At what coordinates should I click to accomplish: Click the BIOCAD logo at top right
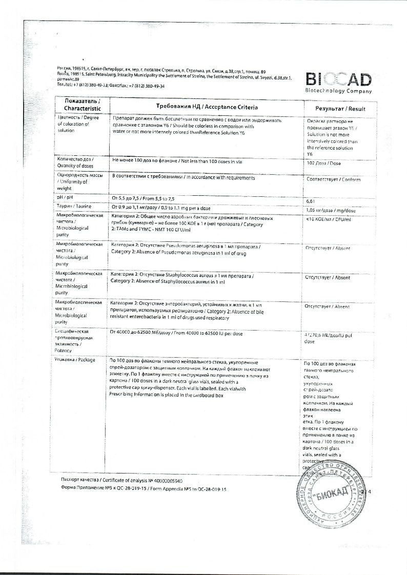(338, 79)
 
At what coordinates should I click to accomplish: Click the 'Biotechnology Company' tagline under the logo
(338, 91)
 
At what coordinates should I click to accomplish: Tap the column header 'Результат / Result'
(335, 108)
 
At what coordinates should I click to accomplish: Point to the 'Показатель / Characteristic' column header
(79, 106)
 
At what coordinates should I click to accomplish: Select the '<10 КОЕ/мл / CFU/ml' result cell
(328, 219)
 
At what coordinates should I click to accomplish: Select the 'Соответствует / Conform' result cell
(333, 179)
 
